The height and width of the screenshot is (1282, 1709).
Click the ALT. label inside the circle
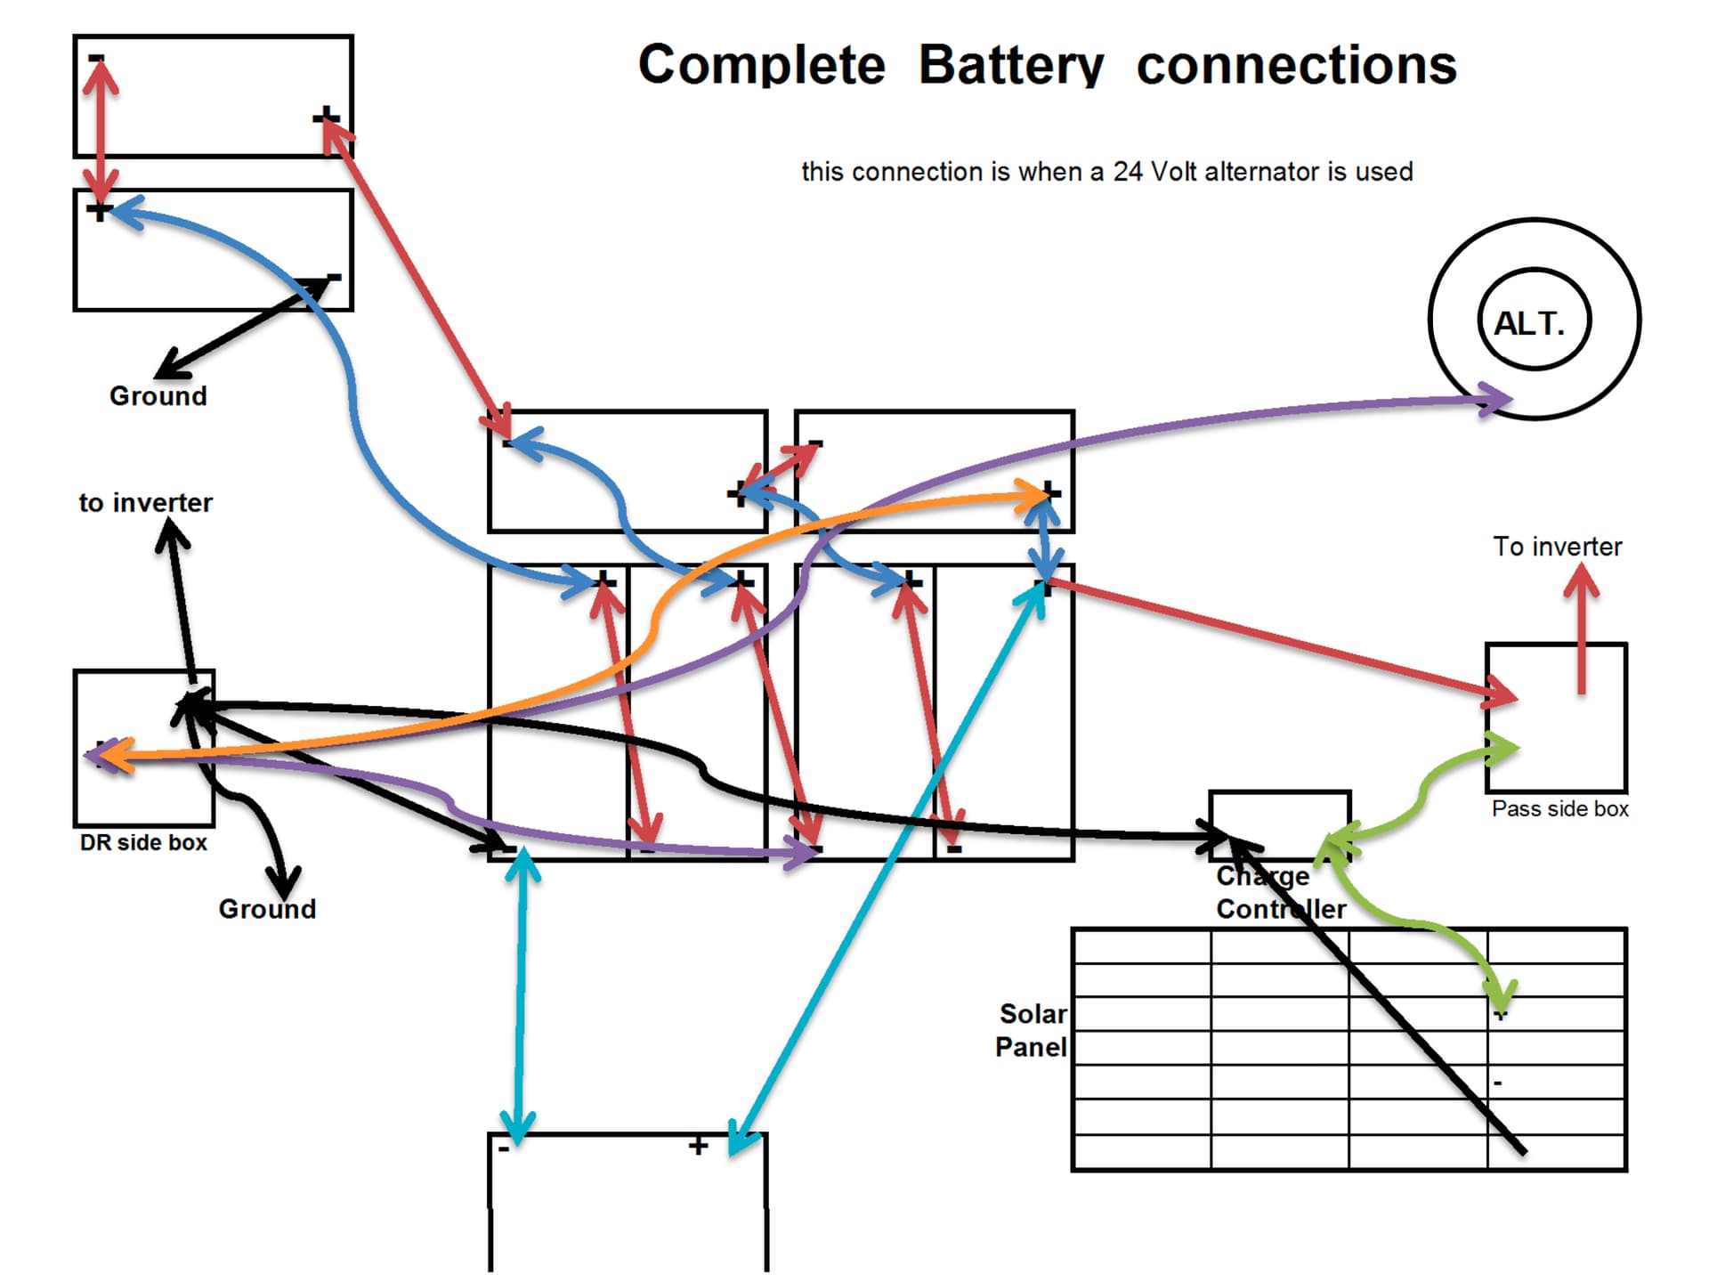(x=1528, y=323)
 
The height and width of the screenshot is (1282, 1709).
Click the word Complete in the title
(x=762, y=65)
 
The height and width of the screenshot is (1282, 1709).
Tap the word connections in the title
(x=1296, y=65)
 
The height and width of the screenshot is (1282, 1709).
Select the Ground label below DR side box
(x=267, y=909)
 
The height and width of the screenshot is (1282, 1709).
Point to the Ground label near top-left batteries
(x=158, y=395)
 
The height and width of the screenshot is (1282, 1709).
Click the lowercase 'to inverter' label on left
(x=145, y=503)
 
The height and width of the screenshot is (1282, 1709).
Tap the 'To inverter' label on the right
(x=1557, y=547)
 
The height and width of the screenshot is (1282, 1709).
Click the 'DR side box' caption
(x=143, y=842)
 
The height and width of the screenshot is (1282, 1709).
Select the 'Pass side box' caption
(x=1559, y=808)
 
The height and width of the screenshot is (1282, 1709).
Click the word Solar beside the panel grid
(x=1033, y=1013)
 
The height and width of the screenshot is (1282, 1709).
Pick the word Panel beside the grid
(x=1031, y=1047)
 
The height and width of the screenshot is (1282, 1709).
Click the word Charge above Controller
(x=1262, y=876)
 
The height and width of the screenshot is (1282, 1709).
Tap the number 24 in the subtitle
(x=1128, y=171)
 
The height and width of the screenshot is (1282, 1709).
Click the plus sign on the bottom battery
(x=699, y=1145)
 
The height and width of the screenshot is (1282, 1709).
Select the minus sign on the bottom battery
(x=504, y=1148)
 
